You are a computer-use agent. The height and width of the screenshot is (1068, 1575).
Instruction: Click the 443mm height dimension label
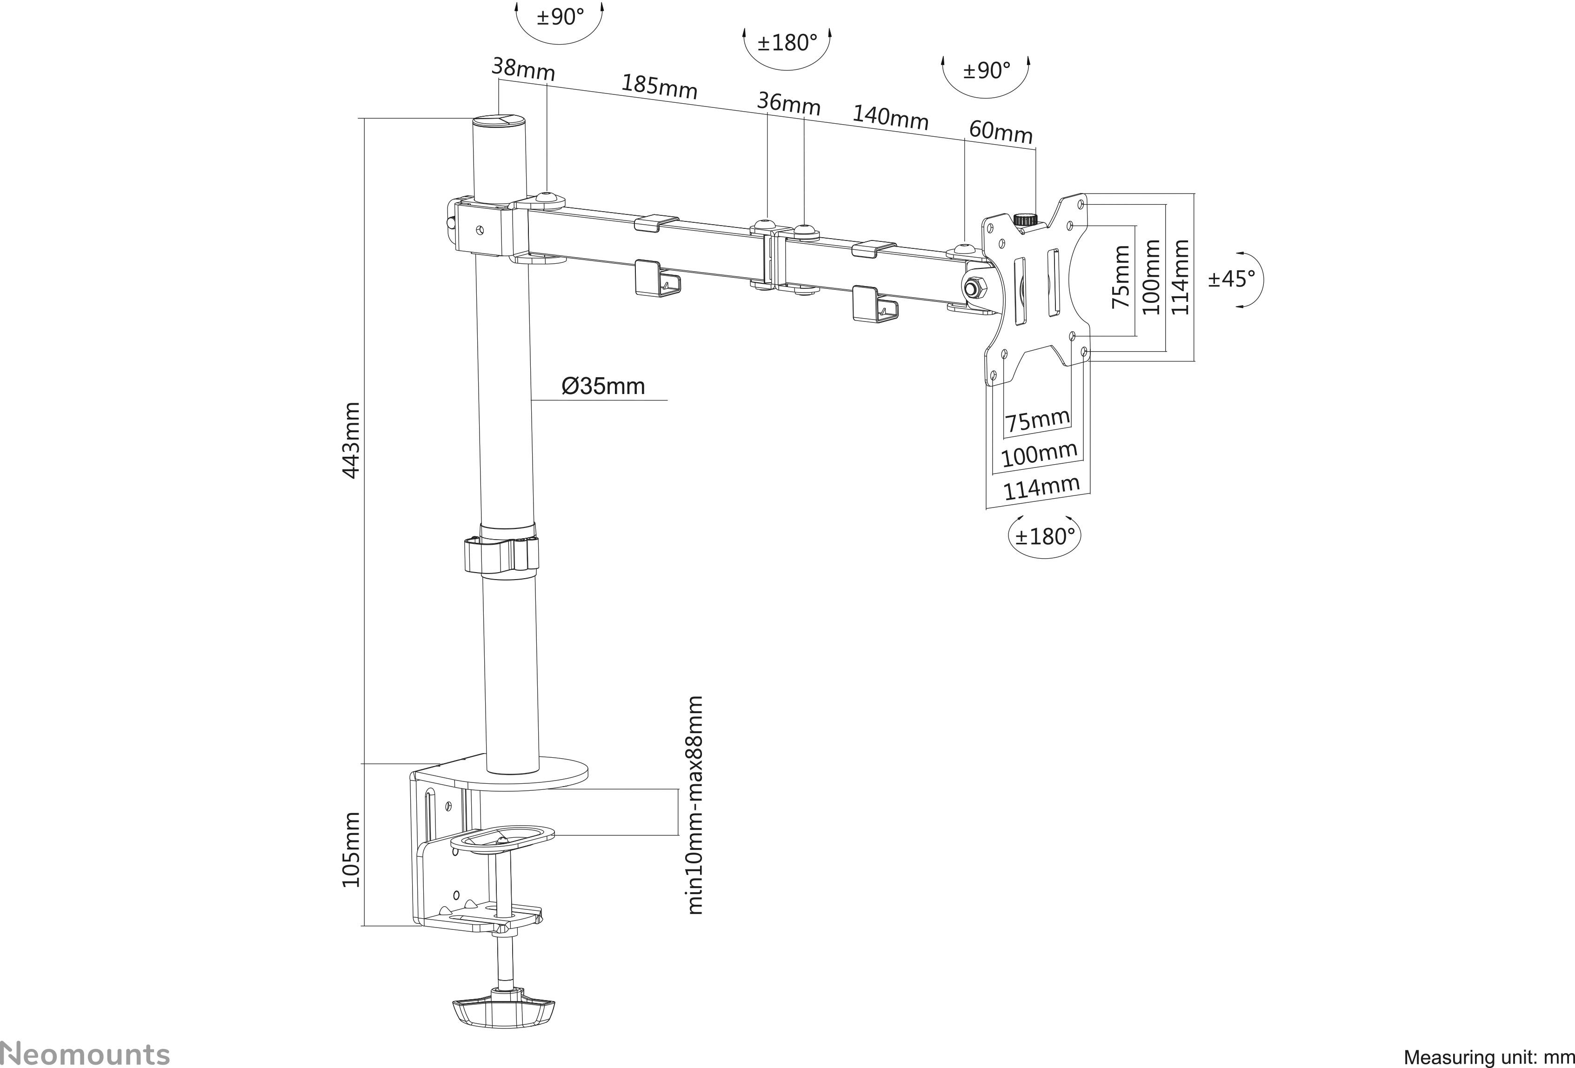[351, 441]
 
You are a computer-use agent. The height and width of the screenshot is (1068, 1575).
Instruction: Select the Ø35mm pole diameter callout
[603, 386]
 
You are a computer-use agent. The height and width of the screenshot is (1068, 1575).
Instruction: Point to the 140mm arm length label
[889, 117]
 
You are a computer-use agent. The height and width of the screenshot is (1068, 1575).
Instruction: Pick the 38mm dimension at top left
[522, 69]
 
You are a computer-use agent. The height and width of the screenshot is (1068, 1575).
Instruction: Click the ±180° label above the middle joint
[787, 43]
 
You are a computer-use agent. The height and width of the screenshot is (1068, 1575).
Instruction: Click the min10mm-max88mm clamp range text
[695, 805]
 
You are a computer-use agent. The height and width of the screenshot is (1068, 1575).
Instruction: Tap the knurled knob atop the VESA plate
[1025, 220]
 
